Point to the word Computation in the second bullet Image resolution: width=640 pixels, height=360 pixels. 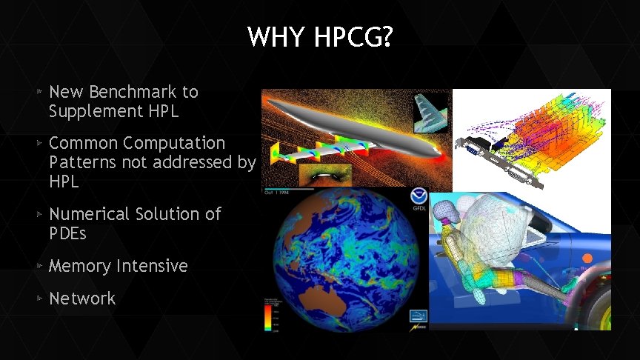click(174, 142)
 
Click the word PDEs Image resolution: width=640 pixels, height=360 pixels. click(68, 233)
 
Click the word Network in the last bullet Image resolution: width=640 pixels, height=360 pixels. click(82, 299)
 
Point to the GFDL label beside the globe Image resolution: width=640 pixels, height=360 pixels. click(419, 209)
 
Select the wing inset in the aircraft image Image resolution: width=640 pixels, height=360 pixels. click(430, 111)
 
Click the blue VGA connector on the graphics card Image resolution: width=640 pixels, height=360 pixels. click(472, 149)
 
